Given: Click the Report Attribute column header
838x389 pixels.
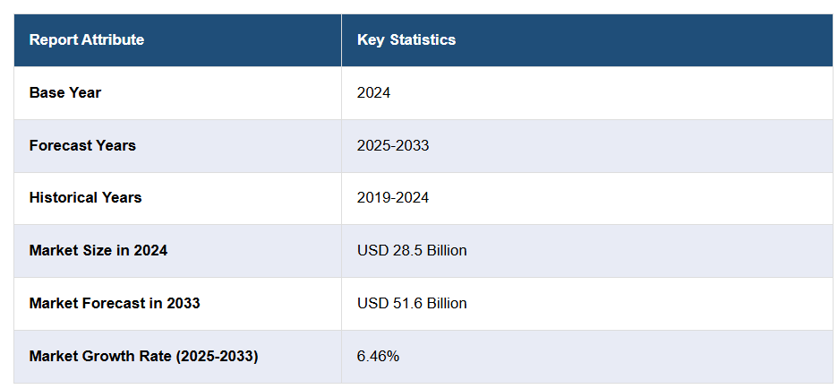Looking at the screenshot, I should [x=86, y=39].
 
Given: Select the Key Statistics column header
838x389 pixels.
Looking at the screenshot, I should [x=406, y=39].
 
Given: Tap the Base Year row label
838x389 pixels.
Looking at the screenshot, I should [x=64, y=92].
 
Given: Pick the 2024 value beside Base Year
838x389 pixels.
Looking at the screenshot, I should [x=373, y=92].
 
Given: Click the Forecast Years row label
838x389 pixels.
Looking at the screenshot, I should [x=82, y=145].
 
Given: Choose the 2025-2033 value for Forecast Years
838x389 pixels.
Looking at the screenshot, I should [x=392, y=145].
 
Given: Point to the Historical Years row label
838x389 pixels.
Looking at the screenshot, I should [x=85, y=197].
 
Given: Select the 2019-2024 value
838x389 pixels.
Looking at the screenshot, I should [x=392, y=197].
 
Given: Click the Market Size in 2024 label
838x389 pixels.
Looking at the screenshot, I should [x=98, y=250].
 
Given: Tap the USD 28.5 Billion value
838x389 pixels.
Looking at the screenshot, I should [x=412, y=250].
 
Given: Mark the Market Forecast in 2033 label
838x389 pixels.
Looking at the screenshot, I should [x=114, y=303].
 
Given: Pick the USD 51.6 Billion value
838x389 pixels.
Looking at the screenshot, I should [x=412, y=303].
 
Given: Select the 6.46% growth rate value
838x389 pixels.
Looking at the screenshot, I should [x=378, y=356].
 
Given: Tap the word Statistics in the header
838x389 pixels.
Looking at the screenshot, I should [x=423, y=39].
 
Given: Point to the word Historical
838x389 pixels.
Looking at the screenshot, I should [x=61, y=197].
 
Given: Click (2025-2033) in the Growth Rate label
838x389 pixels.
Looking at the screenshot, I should [x=217, y=356].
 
